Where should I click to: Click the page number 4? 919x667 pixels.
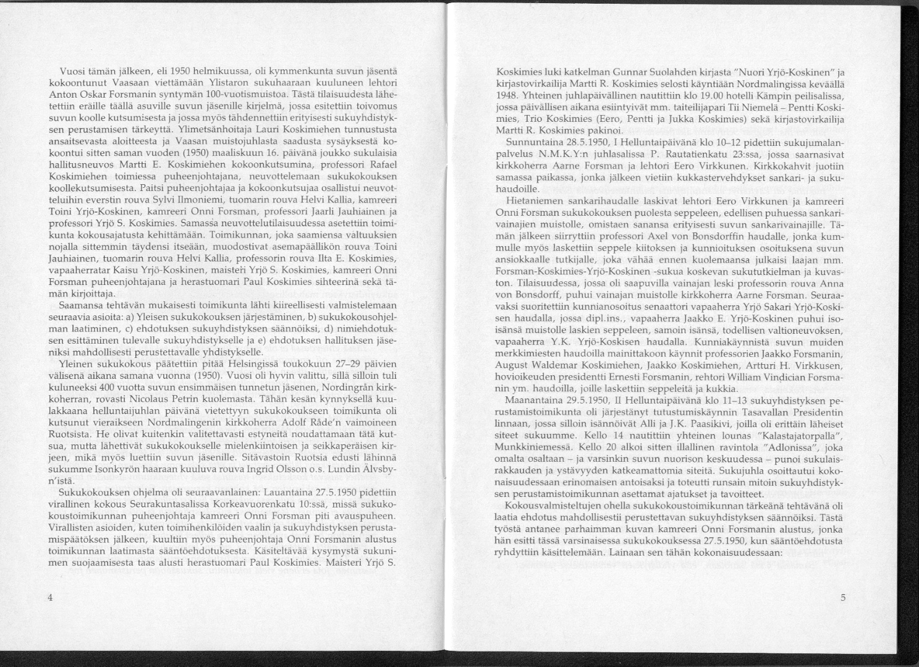(x=49, y=597)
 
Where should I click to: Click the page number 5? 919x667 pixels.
(x=843, y=597)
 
